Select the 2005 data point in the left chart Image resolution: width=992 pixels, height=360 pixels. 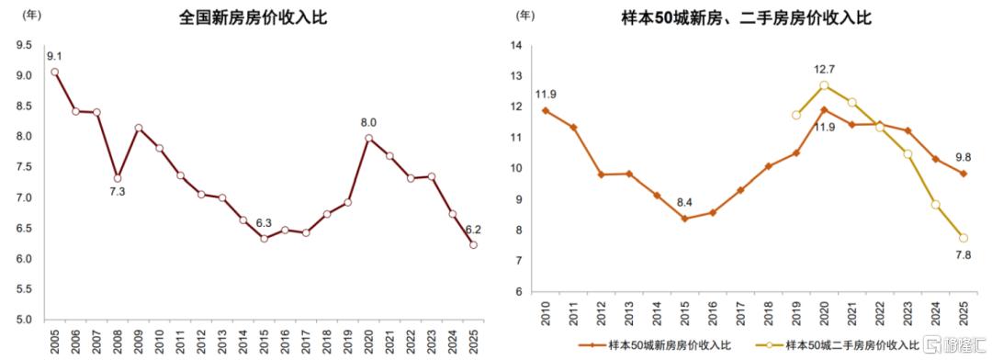click(55, 73)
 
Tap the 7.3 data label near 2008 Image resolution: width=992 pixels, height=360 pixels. click(118, 192)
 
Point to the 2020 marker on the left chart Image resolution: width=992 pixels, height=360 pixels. click(369, 138)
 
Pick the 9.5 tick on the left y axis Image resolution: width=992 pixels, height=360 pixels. click(24, 45)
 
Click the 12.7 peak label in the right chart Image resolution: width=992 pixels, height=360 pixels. click(823, 68)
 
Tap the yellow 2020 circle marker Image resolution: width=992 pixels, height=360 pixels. click(824, 85)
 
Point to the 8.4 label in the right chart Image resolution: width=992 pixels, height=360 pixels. click(684, 204)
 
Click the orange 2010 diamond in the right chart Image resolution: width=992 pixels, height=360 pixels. click(546, 111)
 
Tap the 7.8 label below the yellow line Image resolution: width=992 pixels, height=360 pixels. click(964, 254)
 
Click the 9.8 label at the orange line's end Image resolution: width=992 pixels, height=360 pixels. click(964, 158)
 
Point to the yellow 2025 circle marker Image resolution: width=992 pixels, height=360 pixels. click(964, 238)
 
